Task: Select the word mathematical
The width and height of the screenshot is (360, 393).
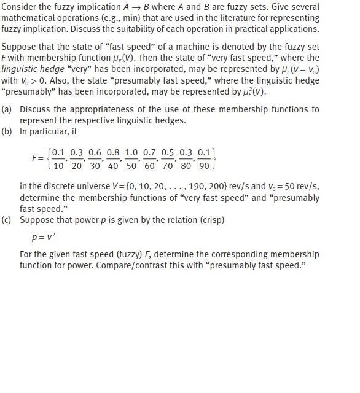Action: tap(29, 18)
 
